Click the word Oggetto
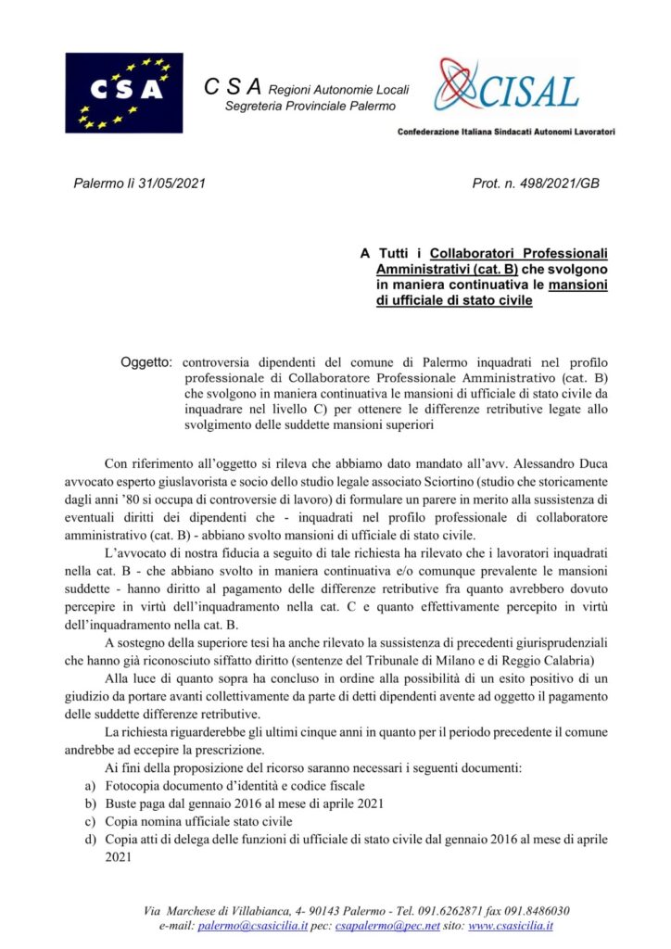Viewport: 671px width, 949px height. [x=147, y=360]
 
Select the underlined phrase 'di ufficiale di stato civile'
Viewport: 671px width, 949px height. [x=454, y=301]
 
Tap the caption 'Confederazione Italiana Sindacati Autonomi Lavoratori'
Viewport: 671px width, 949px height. [x=506, y=132]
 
